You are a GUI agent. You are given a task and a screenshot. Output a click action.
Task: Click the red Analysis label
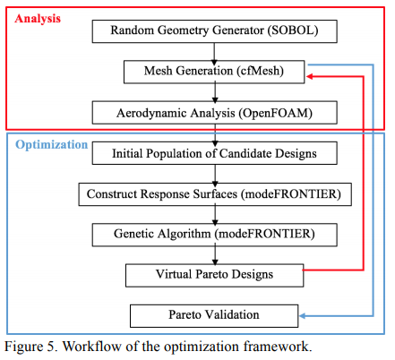[x=38, y=19]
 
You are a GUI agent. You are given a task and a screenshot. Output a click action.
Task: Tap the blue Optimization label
[x=52, y=145]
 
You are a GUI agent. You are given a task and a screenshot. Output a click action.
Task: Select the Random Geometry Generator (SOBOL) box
[x=215, y=31]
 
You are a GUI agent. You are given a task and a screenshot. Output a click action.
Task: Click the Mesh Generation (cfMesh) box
[x=214, y=72]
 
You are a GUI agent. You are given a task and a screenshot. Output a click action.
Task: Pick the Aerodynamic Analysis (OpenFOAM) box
[x=215, y=113]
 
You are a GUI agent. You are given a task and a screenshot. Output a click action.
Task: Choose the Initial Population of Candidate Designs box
[x=215, y=153]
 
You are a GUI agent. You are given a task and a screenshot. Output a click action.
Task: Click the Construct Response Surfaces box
[x=215, y=194]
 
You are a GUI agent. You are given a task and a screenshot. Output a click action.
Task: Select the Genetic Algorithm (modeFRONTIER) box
[x=215, y=235]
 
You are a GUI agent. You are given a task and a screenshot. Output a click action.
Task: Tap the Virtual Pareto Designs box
[x=214, y=275]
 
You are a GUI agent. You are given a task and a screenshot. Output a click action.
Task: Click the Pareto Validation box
[x=214, y=316]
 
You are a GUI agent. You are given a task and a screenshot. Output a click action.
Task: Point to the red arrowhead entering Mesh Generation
[x=309, y=76]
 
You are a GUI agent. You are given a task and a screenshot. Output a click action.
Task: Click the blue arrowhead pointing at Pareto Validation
[x=303, y=316]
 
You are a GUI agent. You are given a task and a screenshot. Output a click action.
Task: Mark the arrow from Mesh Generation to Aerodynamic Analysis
[x=215, y=93]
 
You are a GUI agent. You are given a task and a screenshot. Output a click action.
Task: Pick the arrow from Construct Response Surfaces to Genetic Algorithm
[x=215, y=215]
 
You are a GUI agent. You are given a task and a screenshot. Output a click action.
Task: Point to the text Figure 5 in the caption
[x=30, y=347]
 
